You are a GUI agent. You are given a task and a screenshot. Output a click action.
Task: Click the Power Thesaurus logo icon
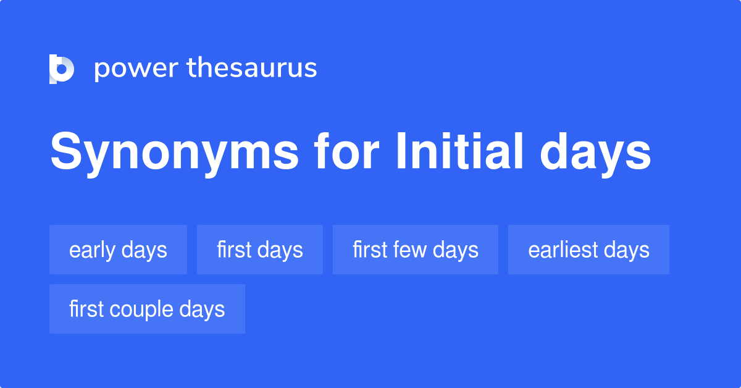coord(62,69)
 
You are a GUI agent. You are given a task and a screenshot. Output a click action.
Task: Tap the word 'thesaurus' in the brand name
coord(252,69)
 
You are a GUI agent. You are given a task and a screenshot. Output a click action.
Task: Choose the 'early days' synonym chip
coord(118,250)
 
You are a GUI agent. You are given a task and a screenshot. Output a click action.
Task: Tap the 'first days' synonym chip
coord(260,250)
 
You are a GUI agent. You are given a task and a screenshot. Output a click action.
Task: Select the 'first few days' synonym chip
coord(416,250)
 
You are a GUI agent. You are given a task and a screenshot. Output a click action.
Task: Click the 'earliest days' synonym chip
coord(588,250)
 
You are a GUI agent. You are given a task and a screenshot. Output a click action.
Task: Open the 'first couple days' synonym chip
coord(147,309)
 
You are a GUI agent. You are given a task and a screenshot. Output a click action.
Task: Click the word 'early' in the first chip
coord(92,250)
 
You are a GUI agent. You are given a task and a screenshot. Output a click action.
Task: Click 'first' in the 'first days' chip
coord(233,250)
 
